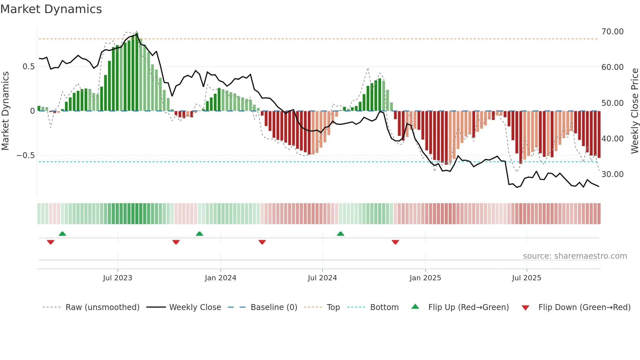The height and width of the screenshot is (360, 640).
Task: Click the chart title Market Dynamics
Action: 51,9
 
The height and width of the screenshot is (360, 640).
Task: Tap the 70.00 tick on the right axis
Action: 612,32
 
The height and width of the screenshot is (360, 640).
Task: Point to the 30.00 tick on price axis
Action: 612,174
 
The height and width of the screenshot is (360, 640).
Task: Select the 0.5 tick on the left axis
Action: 28,67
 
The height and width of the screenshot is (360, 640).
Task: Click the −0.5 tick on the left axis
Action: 26,155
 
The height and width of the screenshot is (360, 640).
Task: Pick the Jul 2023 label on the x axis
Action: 118,278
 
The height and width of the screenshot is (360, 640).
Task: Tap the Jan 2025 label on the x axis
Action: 425,278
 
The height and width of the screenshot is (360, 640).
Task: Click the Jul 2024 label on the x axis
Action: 322,278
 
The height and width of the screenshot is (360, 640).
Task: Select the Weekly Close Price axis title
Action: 634,111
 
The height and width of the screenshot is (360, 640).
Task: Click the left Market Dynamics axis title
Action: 5,111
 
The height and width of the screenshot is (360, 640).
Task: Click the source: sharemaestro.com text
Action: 575,256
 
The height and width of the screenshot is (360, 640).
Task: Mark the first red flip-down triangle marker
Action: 51,242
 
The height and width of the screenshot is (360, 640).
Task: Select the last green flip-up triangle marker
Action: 341,234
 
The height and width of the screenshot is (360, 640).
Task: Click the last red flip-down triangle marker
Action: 395,242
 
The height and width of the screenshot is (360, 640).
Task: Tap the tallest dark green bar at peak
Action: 137,72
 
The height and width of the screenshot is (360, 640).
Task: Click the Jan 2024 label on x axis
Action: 220,278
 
